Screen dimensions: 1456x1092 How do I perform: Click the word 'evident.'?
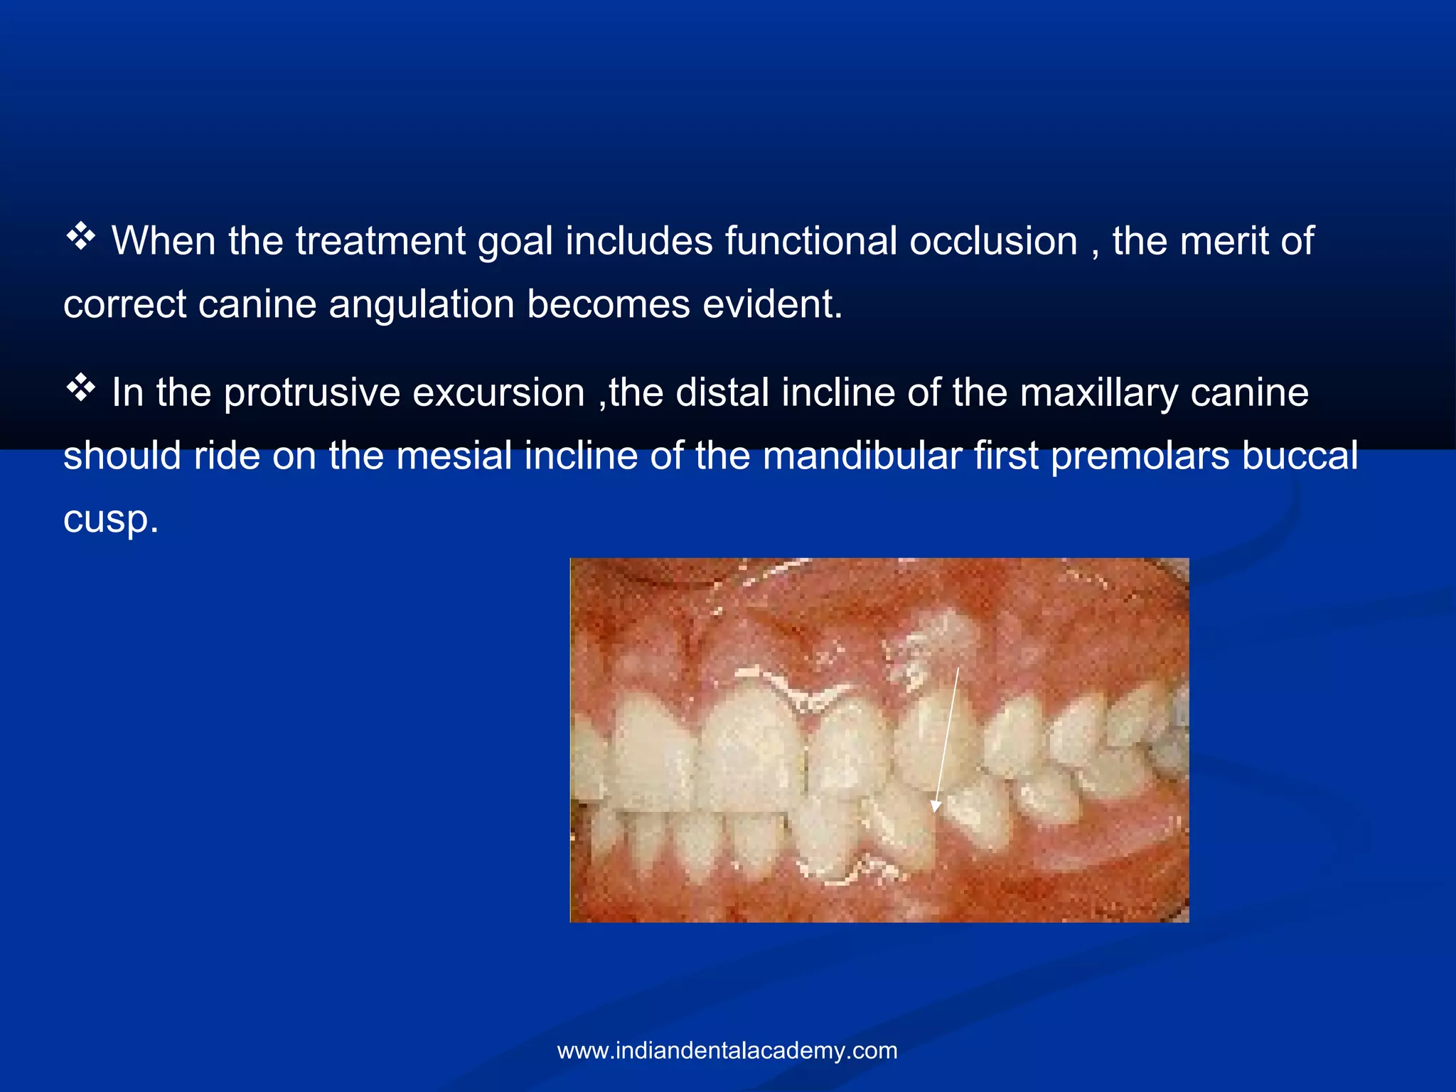(x=772, y=304)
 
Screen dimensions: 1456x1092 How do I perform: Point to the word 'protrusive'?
(x=312, y=393)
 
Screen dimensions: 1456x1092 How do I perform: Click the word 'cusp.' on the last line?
(x=110, y=520)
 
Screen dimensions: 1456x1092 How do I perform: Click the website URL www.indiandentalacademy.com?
(x=727, y=1050)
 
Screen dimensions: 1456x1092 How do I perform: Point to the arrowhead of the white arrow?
(x=936, y=806)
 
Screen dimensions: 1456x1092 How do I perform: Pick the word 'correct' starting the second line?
(x=124, y=305)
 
